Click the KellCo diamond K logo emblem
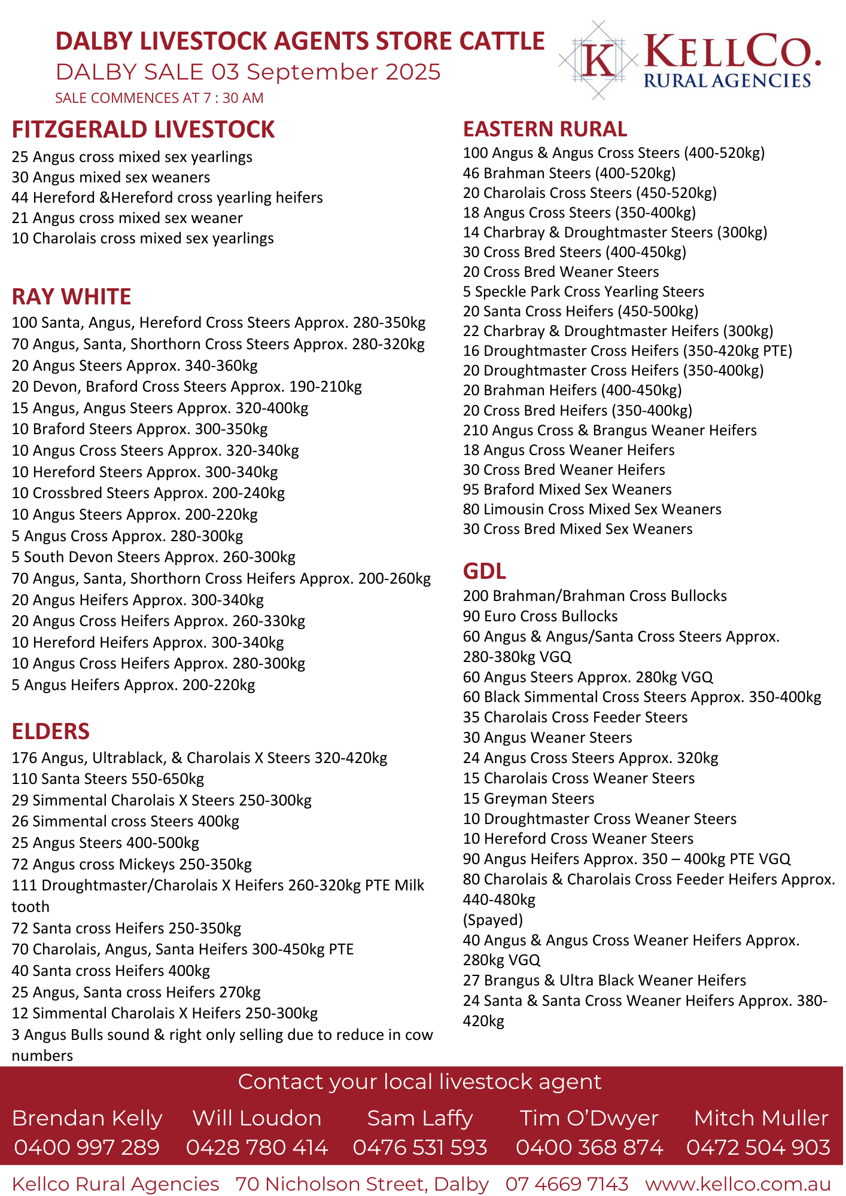pyautogui.click(x=598, y=60)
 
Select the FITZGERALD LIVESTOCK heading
pyautogui.click(x=143, y=130)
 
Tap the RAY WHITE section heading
pyautogui.click(x=71, y=297)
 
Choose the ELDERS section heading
pyautogui.click(x=51, y=731)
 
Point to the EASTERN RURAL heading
pyautogui.click(x=545, y=129)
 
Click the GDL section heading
pyautogui.click(x=485, y=572)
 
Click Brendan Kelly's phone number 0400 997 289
pyautogui.click(x=87, y=1148)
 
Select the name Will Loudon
pyautogui.click(x=257, y=1118)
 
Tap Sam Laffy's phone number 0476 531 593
pyautogui.click(x=420, y=1148)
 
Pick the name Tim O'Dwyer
pyautogui.click(x=589, y=1118)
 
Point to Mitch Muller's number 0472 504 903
pyautogui.click(x=758, y=1148)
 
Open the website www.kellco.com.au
pyautogui.click(x=738, y=1184)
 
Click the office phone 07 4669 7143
pyautogui.click(x=567, y=1184)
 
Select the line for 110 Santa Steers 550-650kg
pyautogui.click(x=108, y=779)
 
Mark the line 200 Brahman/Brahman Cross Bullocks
pyautogui.click(x=595, y=596)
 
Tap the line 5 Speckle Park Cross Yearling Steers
pyautogui.click(x=583, y=292)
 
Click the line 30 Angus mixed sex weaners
pyautogui.click(x=111, y=178)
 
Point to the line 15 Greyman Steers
pyautogui.click(x=528, y=799)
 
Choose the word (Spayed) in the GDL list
pyautogui.click(x=493, y=920)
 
